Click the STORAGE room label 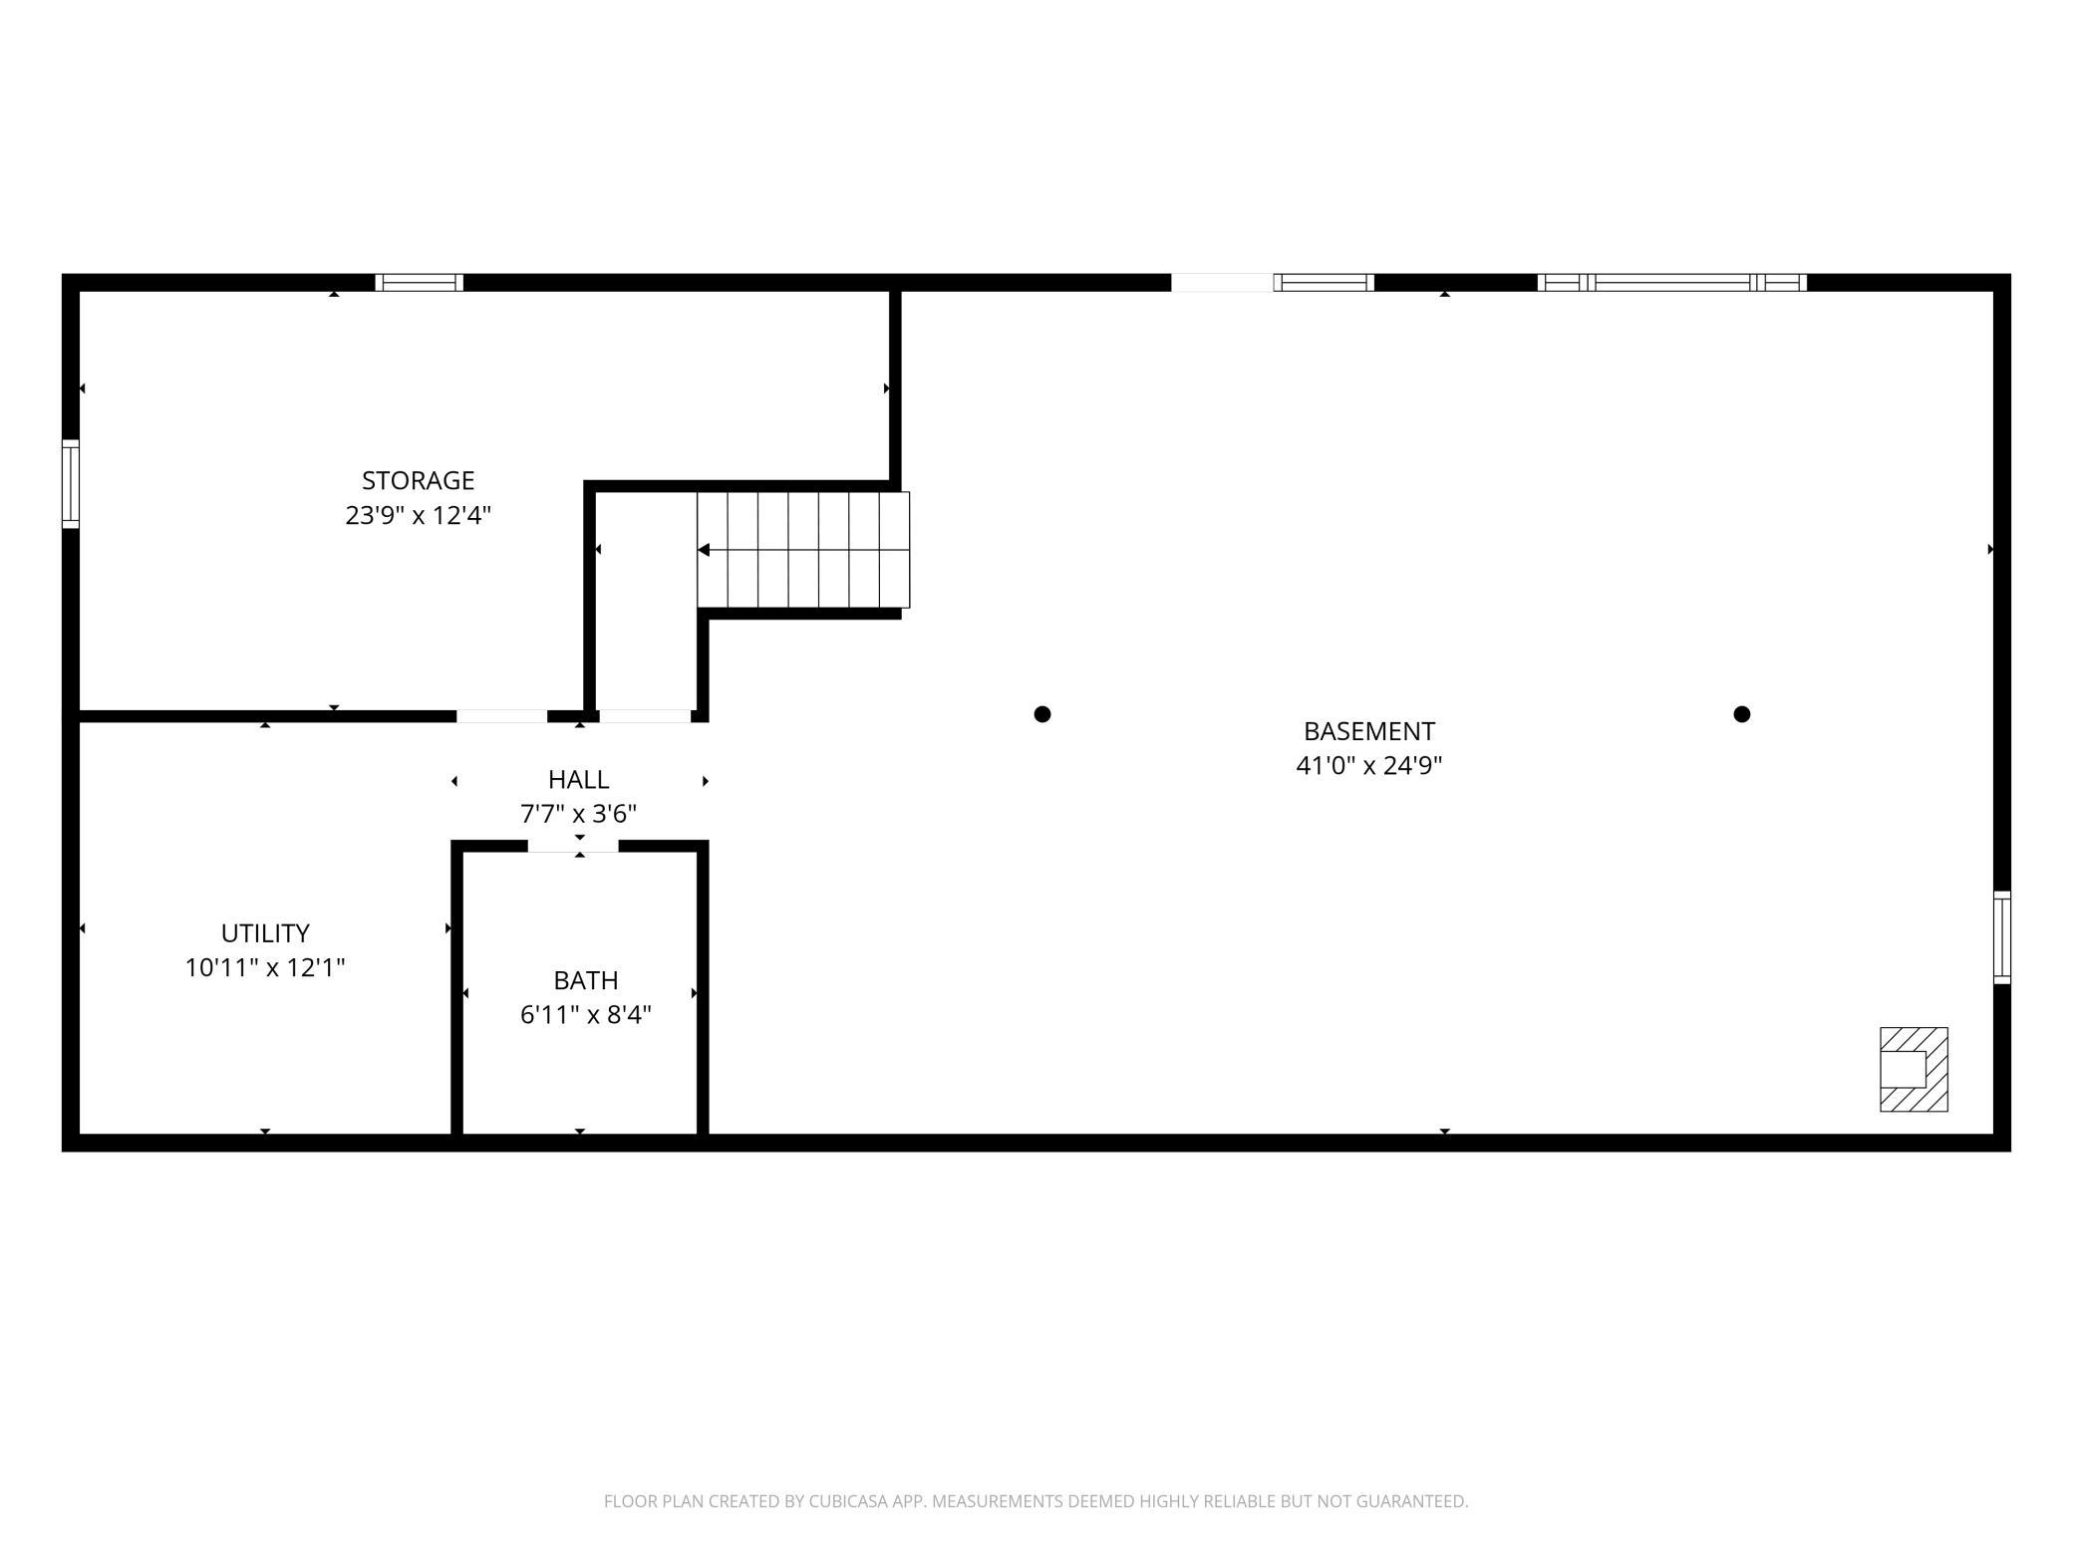click(x=418, y=481)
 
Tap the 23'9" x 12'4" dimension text click(x=419, y=516)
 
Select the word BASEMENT click(x=1369, y=731)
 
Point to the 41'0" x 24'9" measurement click(x=1369, y=766)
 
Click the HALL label click(x=578, y=780)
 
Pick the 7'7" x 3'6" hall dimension click(x=578, y=815)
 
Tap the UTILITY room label click(x=265, y=933)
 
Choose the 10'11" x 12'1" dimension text click(x=265, y=968)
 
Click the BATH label click(x=586, y=980)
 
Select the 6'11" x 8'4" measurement click(x=586, y=1015)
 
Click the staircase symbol click(x=803, y=550)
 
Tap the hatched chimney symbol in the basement click(x=1914, y=1069)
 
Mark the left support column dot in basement click(x=1042, y=714)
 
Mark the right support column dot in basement click(x=1742, y=714)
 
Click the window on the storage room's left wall click(x=71, y=484)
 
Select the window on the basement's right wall click(x=2002, y=937)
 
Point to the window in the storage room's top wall click(x=420, y=283)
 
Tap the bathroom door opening click(x=573, y=847)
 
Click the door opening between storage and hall click(x=502, y=716)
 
